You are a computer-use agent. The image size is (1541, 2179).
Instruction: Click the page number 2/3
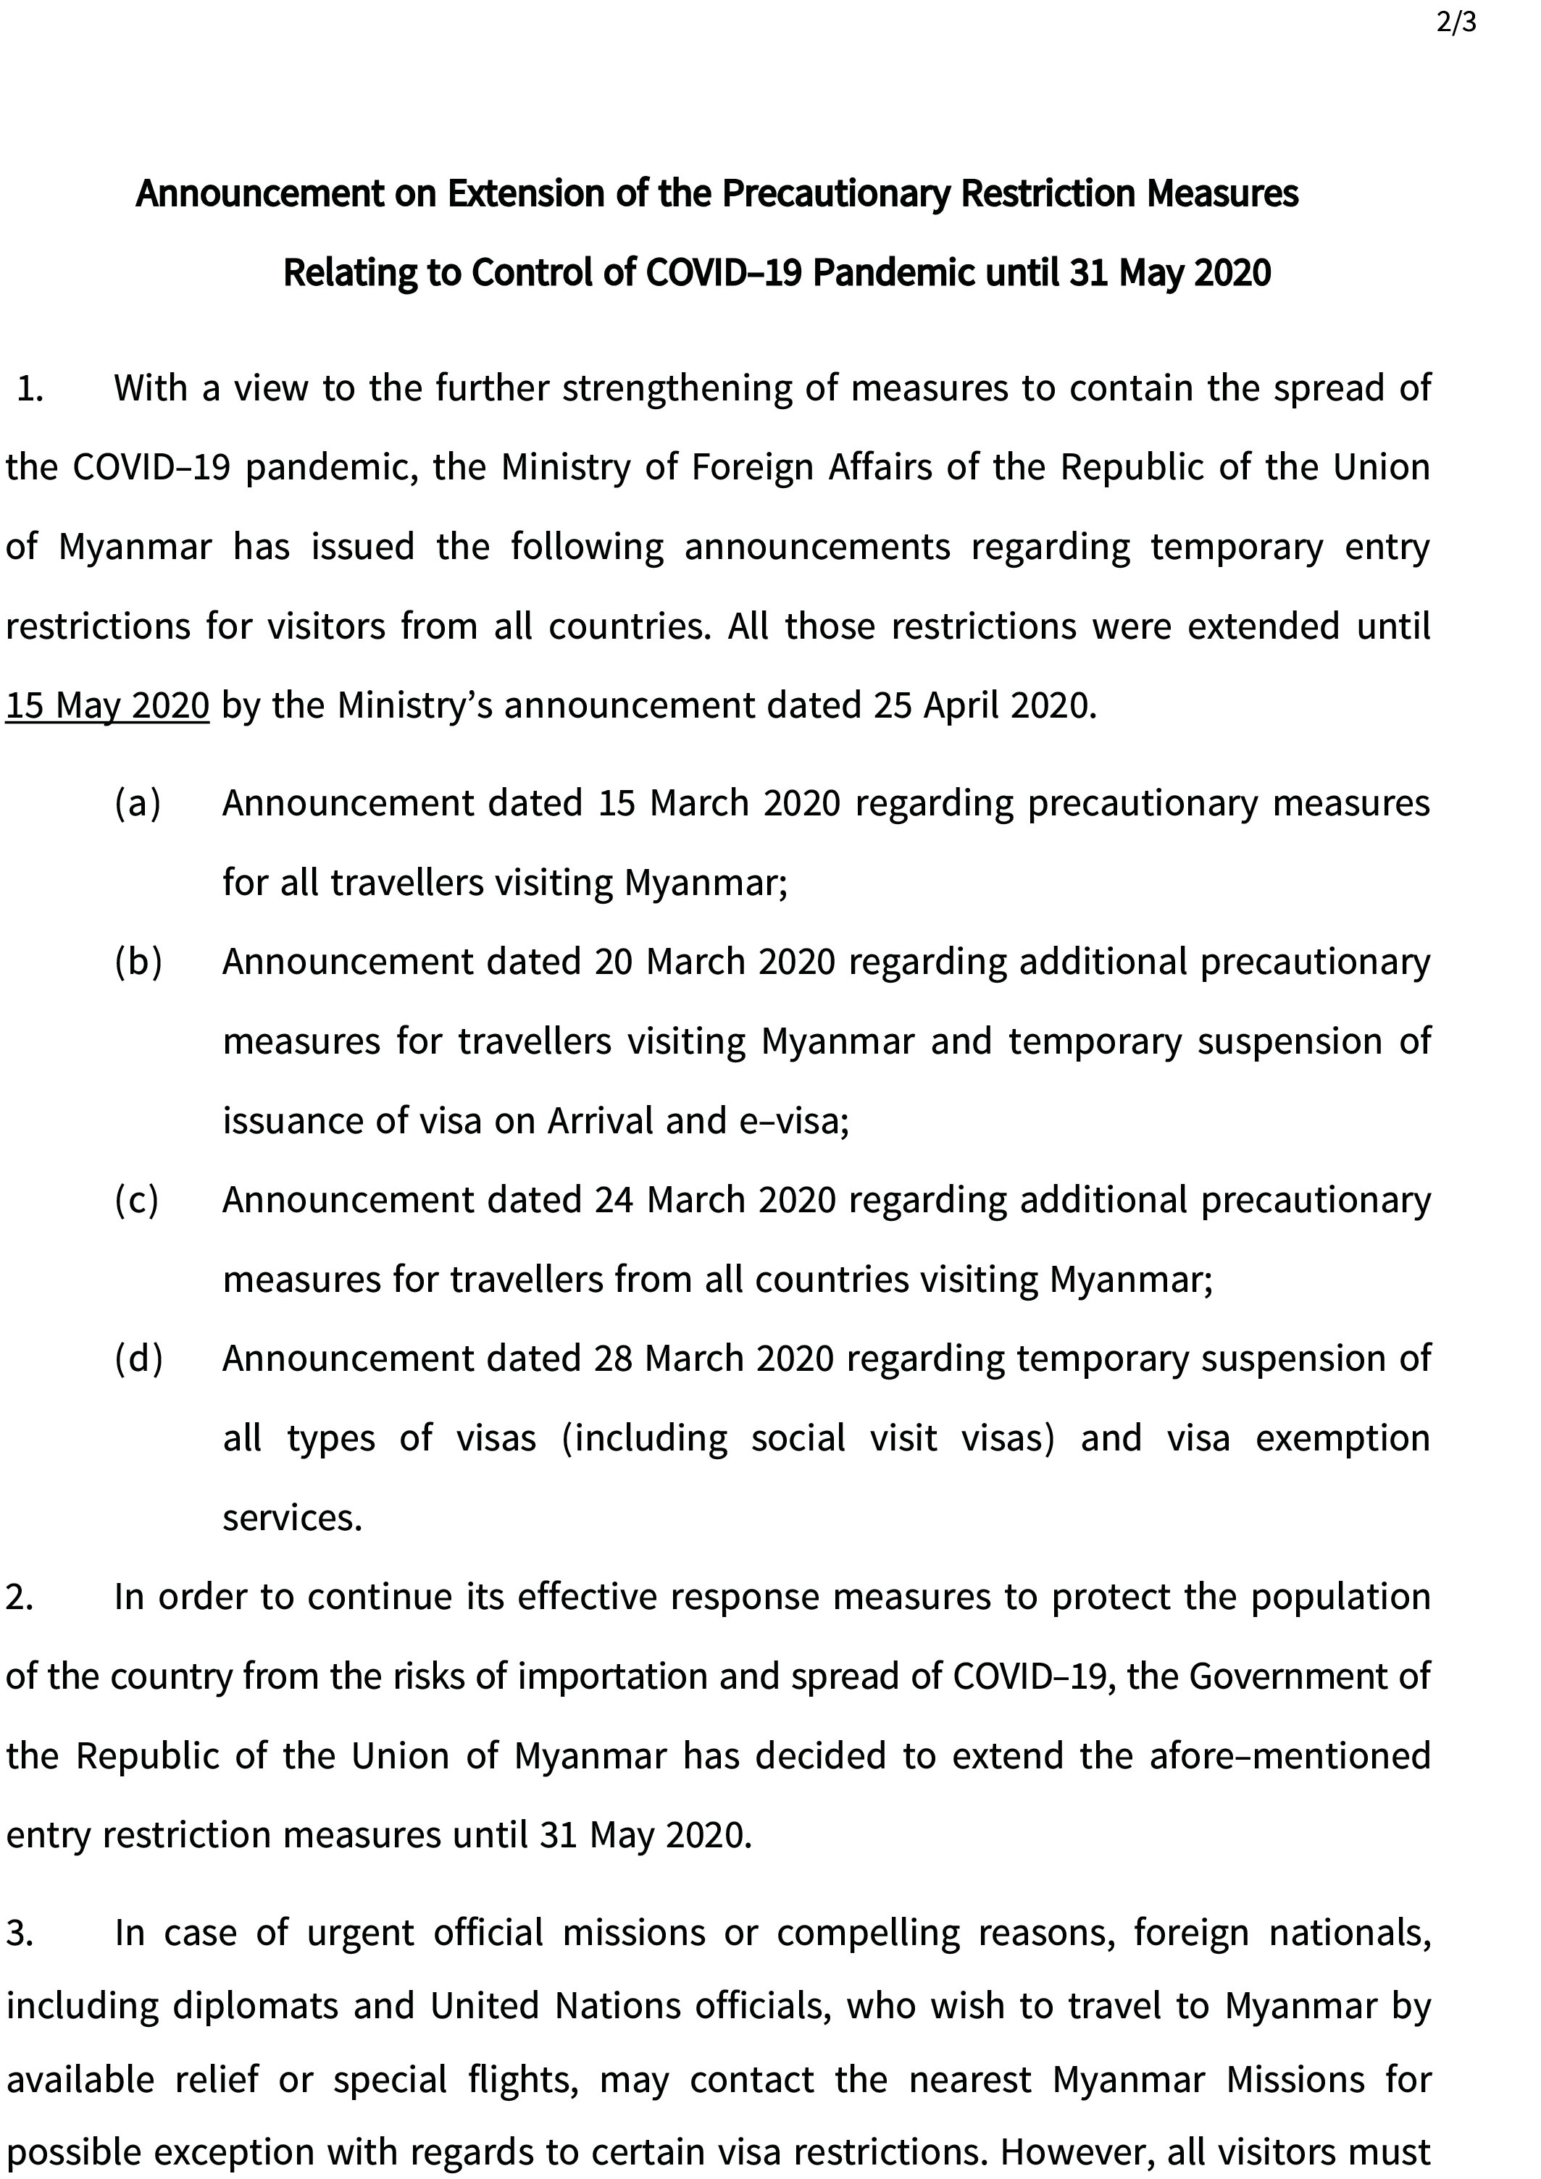(x=1456, y=22)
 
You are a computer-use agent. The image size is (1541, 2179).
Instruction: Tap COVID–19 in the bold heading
(x=724, y=273)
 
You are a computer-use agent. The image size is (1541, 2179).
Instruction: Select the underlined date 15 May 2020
(x=107, y=706)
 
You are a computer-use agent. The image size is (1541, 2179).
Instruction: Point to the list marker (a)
(x=138, y=804)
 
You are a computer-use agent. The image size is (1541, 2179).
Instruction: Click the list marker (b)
(x=138, y=962)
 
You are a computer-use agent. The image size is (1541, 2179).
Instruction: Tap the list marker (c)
(x=138, y=1201)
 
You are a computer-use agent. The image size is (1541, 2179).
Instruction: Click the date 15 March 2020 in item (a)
(x=719, y=804)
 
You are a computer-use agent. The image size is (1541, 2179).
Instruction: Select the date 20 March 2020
(x=715, y=962)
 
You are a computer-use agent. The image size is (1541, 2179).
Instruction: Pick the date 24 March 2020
(x=715, y=1201)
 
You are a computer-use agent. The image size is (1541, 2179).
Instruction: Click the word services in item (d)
(x=293, y=1519)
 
